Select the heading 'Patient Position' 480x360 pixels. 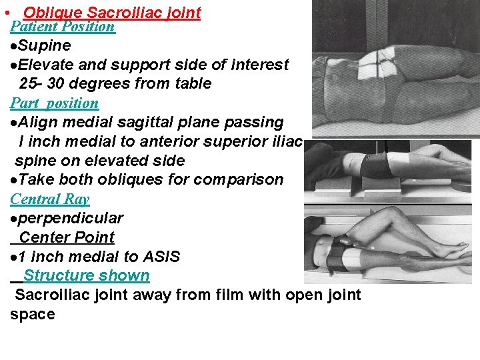[x=63, y=27]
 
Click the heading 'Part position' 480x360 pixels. [x=54, y=103]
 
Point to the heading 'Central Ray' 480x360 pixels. [x=49, y=199]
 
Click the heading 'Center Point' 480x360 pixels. [x=67, y=237]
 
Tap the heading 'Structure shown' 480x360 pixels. [x=86, y=275]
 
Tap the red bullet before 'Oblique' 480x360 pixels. [x=5, y=13]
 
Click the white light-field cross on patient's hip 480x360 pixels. [x=386, y=61]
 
